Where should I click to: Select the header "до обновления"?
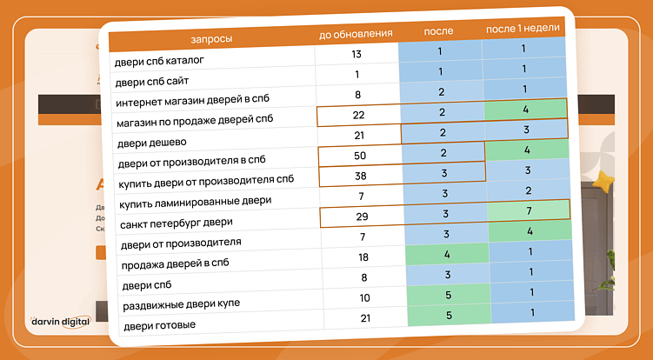(356, 34)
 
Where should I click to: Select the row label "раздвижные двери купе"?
(177, 303)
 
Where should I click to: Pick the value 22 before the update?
(358, 114)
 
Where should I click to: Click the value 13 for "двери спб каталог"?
(356, 54)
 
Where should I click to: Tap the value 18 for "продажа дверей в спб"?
(364, 257)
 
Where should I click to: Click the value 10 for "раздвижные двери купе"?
(365, 299)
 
